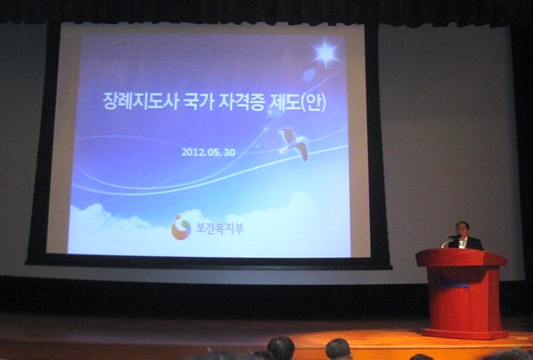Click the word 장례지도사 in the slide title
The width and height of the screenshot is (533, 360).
click(141, 101)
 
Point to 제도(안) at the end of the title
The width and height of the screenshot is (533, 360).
click(297, 102)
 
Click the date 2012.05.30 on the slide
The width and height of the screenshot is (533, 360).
click(208, 152)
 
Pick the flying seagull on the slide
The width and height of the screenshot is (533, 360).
click(294, 143)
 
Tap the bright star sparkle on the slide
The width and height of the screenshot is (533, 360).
click(326, 52)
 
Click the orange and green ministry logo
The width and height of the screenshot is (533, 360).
click(181, 227)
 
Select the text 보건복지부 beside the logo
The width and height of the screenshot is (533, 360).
click(220, 228)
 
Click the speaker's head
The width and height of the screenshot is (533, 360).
click(463, 229)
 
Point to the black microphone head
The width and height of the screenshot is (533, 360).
click(454, 237)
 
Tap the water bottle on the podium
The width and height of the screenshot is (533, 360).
click(461, 243)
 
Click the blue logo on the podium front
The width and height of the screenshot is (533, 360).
click(452, 282)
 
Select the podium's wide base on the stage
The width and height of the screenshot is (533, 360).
click(465, 333)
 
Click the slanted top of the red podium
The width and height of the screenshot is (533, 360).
click(461, 257)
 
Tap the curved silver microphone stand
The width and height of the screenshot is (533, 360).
click(446, 242)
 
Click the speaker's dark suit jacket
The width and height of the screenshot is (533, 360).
click(466, 243)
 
